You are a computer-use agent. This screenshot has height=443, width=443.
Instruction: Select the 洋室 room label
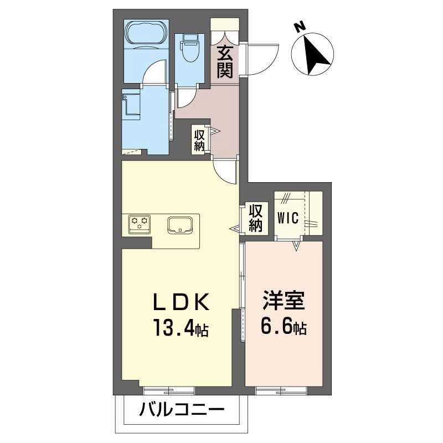click(283, 303)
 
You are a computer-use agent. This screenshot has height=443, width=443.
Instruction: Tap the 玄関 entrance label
click(224, 62)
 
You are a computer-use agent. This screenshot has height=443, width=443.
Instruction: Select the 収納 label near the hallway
click(199, 139)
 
